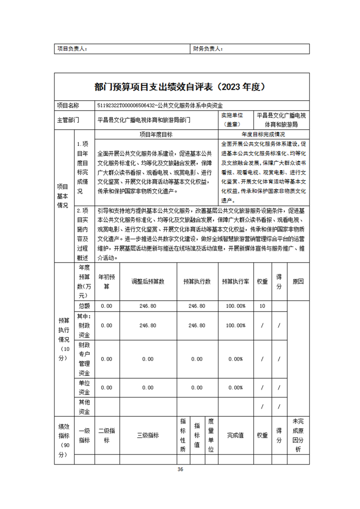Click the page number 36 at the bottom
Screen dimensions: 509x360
pos(180,470)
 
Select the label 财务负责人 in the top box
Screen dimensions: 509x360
pos(207,49)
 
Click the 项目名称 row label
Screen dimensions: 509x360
pos(68,105)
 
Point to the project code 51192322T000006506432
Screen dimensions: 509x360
pos(125,105)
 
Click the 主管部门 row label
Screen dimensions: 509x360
pos(68,120)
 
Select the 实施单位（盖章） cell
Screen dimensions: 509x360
pos(234,120)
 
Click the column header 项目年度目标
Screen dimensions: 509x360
pos(156,135)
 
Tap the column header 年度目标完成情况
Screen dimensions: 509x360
pos(263,135)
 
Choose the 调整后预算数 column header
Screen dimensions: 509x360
pos(148,281)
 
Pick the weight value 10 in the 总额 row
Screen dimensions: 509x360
pos(262,306)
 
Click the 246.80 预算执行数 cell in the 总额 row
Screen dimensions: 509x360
pos(197,306)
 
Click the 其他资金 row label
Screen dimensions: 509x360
pos(84,407)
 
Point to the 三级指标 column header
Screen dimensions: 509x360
pos(148,436)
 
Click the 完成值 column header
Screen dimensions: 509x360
pos(236,436)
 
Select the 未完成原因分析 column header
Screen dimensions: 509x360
pos(298,435)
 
